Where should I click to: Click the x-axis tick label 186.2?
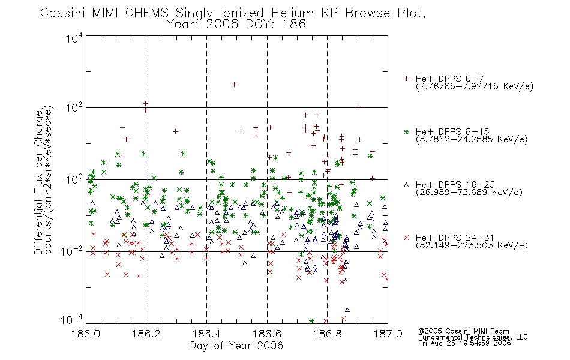(146, 334)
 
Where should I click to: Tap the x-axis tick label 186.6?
(267, 334)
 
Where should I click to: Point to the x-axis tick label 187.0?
(388, 334)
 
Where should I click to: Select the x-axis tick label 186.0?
(86, 334)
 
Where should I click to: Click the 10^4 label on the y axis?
(74, 38)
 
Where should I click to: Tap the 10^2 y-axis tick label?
(74, 107)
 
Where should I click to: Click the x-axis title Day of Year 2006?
(236, 346)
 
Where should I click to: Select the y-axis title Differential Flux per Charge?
(38, 182)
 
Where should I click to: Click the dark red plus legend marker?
(406, 79)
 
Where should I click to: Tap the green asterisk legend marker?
(406, 131)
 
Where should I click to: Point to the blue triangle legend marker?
(406, 185)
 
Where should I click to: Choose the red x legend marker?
(406, 238)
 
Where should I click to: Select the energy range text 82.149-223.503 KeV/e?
(472, 245)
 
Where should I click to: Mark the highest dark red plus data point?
(234, 85)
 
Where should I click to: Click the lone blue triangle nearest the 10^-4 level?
(347, 310)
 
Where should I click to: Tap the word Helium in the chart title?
(293, 13)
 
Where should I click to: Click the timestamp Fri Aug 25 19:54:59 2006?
(464, 343)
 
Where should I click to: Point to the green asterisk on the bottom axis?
(311, 321)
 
